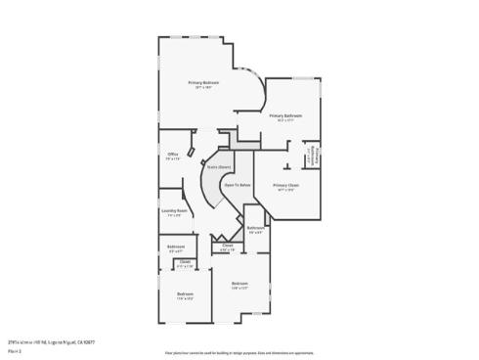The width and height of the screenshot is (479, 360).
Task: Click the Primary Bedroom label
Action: click(x=204, y=82)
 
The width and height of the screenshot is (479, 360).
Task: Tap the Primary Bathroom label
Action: click(x=286, y=115)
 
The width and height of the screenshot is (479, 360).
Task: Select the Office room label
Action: click(x=172, y=154)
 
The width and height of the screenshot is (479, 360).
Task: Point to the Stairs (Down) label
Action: click(x=218, y=167)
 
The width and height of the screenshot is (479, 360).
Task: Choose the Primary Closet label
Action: click(x=285, y=185)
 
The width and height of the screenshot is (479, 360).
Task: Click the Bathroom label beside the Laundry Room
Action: click(x=176, y=246)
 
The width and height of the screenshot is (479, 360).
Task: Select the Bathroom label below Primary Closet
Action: click(x=255, y=228)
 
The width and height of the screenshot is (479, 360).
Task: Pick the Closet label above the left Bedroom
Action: click(x=185, y=261)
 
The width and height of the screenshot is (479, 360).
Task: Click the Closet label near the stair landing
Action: click(x=227, y=246)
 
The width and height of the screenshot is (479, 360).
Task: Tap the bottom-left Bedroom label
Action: click(x=185, y=293)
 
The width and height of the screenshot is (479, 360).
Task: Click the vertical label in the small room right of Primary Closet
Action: click(x=315, y=155)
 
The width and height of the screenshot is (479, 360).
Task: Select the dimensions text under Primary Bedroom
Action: click(x=204, y=87)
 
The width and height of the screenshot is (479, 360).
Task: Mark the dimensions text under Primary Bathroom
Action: click(x=286, y=120)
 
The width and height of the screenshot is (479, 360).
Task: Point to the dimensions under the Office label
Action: click(x=172, y=158)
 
